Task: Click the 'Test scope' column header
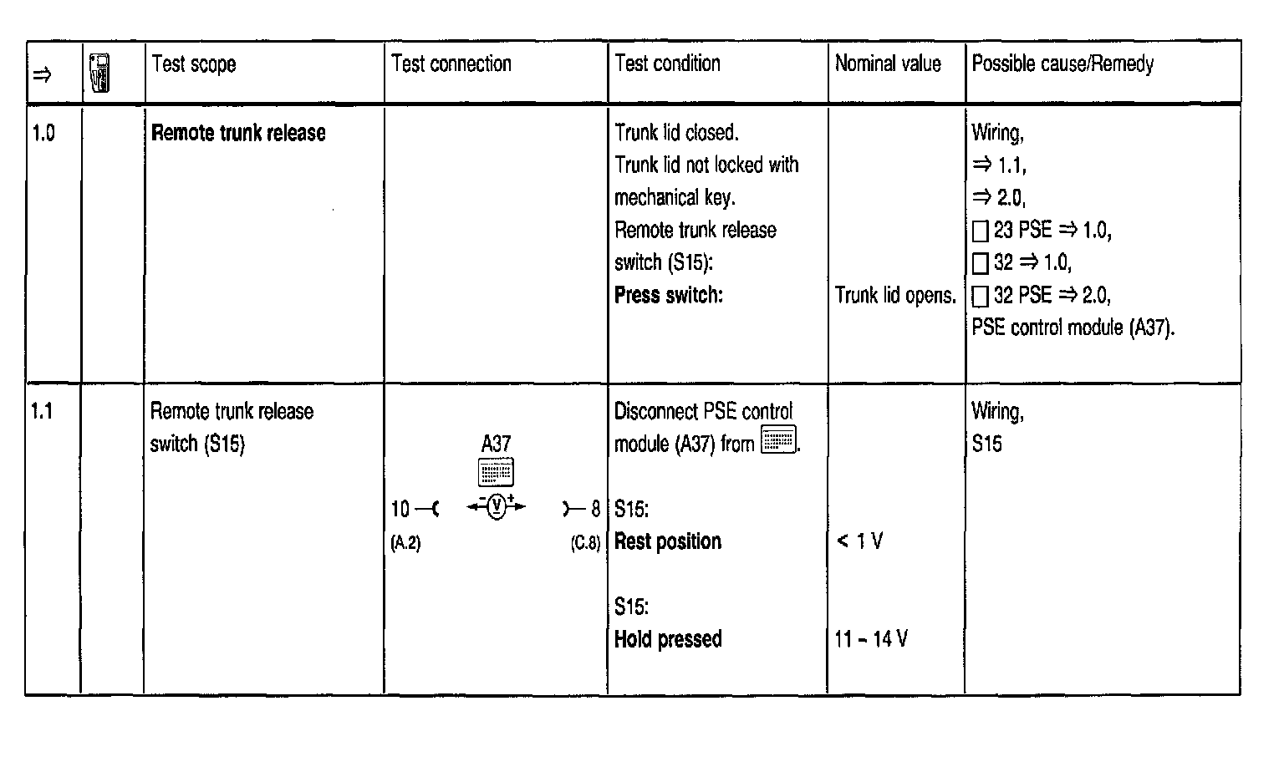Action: (194, 64)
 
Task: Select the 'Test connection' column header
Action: (451, 64)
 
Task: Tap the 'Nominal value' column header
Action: (888, 64)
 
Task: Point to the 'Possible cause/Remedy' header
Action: (1062, 64)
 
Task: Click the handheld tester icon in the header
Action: (100, 73)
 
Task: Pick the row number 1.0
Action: (43, 133)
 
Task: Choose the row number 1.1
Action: (42, 411)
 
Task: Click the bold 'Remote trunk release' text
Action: (238, 133)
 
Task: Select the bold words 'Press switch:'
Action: (668, 295)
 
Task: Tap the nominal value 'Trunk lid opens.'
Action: (895, 295)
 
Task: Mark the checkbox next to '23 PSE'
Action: (981, 231)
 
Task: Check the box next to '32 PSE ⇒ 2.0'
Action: (981, 296)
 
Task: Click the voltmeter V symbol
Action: (497, 507)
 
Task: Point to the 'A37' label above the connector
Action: (496, 444)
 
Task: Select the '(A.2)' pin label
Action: (405, 543)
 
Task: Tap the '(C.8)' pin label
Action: (585, 543)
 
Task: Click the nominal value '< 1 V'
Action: (859, 541)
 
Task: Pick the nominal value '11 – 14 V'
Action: (871, 639)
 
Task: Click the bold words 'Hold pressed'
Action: (668, 639)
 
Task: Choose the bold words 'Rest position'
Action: (668, 541)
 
